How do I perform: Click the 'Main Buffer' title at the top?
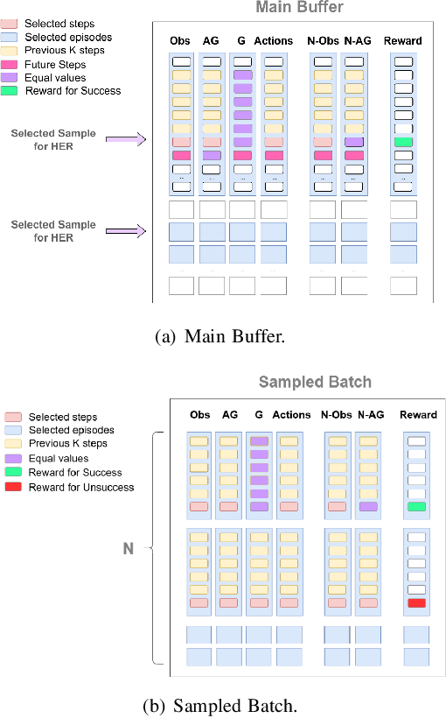[x=300, y=8]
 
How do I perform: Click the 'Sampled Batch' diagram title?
[x=315, y=382]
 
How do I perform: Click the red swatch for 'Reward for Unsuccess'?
[x=13, y=487]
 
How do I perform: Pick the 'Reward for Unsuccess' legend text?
[x=81, y=487]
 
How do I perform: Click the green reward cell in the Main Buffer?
[x=403, y=142]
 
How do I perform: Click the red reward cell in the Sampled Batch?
[x=416, y=603]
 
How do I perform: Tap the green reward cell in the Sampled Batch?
[x=416, y=507]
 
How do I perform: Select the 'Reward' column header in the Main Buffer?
[x=403, y=40]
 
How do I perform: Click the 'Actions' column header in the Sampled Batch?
[x=291, y=415]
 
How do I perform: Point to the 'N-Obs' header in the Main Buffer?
[x=323, y=40]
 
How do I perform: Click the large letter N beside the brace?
[x=128, y=549]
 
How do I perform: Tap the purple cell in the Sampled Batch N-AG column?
[x=367, y=507]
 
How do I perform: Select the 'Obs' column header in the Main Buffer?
[x=181, y=40]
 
